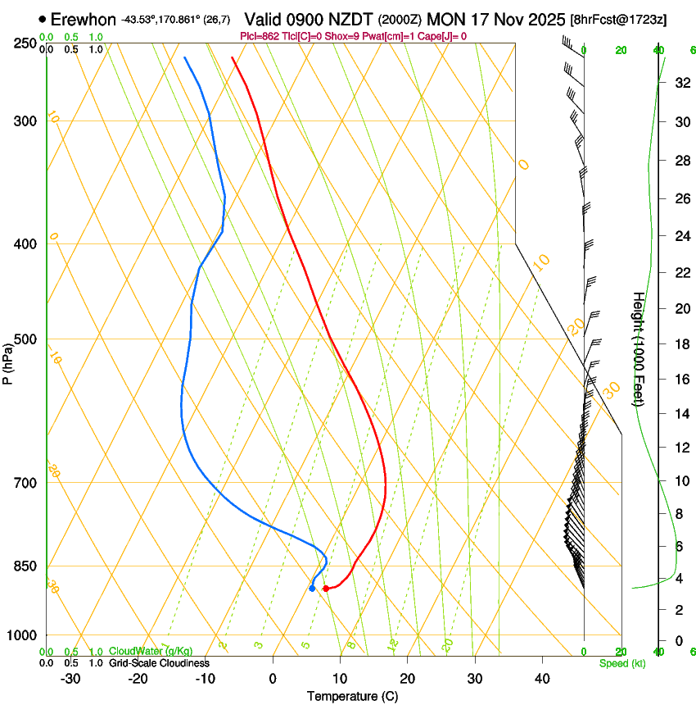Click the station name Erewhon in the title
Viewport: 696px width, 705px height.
[x=83, y=19]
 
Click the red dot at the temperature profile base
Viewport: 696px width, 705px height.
[x=326, y=589]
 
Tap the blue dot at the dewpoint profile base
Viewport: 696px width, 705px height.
[x=312, y=588]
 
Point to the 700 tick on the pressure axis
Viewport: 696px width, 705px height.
[x=24, y=483]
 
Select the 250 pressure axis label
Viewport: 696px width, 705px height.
[x=24, y=43]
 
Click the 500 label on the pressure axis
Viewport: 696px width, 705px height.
[x=24, y=339]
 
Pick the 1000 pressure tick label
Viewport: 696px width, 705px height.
[x=21, y=635]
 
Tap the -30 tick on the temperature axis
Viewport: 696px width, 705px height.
[x=70, y=679]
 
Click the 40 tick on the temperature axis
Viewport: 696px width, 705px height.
[x=541, y=679]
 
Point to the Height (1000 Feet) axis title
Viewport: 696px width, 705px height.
[x=639, y=348]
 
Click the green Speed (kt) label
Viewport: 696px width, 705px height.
[x=621, y=663]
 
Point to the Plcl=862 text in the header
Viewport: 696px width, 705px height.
[x=259, y=36]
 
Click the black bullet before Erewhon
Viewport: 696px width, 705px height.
[x=42, y=19]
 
